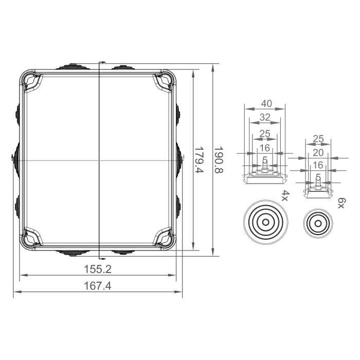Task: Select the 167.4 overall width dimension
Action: tap(97, 286)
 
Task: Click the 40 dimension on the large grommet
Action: tap(265, 103)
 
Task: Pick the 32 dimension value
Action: tap(265, 117)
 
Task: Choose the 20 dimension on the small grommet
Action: tap(318, 152)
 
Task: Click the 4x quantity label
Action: tap(285, 195)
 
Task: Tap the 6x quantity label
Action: tap(340, 201)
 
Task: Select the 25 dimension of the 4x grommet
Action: tap(265, 134)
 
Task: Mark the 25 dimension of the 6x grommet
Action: tap(318, 139)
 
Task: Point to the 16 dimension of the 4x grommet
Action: tap(265, 148)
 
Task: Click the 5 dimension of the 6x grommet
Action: tap(318, 177)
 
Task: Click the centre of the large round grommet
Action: tap(265, 223)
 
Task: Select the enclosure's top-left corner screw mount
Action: tap(33, 81)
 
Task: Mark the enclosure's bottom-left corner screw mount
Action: tap(33, 238)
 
